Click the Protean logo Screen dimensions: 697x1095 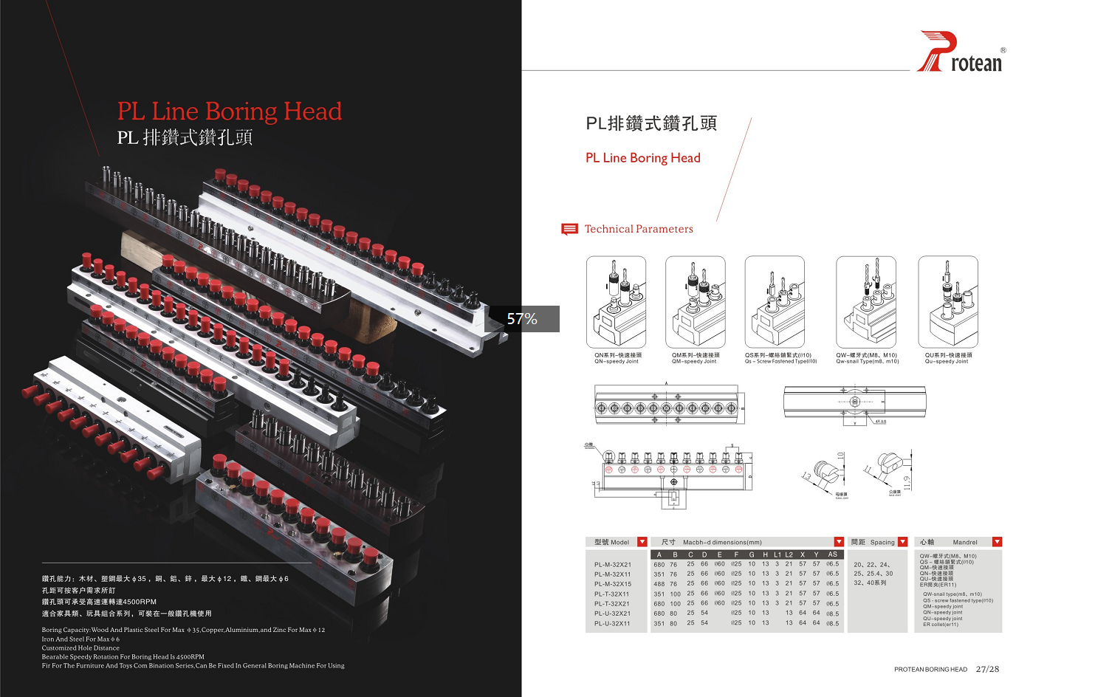tap(961, 52)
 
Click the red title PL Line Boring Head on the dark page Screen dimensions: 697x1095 tap(230, 111)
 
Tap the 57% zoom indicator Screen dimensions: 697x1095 tap(522, 319)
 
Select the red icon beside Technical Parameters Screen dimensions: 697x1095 tap(569, 229)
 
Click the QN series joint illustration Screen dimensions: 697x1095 tap(616, 302)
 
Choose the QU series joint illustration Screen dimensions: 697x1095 tap(948, 302)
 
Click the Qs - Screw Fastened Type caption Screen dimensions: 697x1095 tap(780, 362)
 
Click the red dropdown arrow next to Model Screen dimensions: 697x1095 tap(642, 542)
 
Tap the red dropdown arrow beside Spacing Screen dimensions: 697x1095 tap(902, 542)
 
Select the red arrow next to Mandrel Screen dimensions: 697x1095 tap(997, 542)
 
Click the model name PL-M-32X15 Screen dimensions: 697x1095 tap(613, 584)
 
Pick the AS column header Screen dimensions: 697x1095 tap(832, 554)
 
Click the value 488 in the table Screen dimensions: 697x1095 tap(659, 584)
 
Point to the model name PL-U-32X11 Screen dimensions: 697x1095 tap(613, 624)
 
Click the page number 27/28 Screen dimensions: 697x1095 tap(987, 669)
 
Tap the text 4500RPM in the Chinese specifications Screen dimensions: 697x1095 tap(140, 602)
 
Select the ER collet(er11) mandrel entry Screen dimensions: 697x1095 tap(940, 625)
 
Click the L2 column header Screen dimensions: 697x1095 tap(789, 554)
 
